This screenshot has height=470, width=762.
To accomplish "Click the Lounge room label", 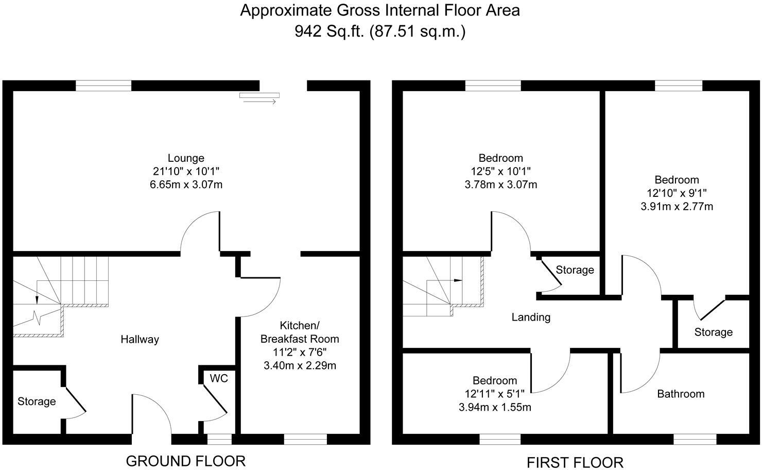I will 186,158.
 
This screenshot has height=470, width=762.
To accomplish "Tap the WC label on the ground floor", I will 218,378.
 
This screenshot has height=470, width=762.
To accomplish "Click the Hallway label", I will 140,339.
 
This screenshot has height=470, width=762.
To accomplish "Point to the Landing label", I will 531,317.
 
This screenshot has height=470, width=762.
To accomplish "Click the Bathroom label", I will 681,394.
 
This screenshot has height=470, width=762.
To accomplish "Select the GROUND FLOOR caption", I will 186,460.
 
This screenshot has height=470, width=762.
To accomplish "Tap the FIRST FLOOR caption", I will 575,462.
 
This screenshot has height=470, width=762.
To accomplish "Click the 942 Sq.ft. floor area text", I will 330,31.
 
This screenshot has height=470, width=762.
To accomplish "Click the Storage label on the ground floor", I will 37,401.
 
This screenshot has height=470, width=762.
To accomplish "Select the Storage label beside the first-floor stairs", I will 575,270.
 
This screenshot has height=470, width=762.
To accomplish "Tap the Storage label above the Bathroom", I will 713,332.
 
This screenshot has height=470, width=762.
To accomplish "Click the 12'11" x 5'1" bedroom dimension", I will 494,394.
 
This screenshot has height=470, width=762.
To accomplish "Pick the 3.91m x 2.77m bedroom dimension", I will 677,207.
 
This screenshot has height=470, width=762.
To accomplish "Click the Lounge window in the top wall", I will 103,86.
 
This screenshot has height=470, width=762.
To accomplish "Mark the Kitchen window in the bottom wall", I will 305,439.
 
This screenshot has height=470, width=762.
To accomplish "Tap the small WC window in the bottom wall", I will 219,439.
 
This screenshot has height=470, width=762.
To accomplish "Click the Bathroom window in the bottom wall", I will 695,439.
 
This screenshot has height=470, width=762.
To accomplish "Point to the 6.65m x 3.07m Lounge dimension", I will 186,184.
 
